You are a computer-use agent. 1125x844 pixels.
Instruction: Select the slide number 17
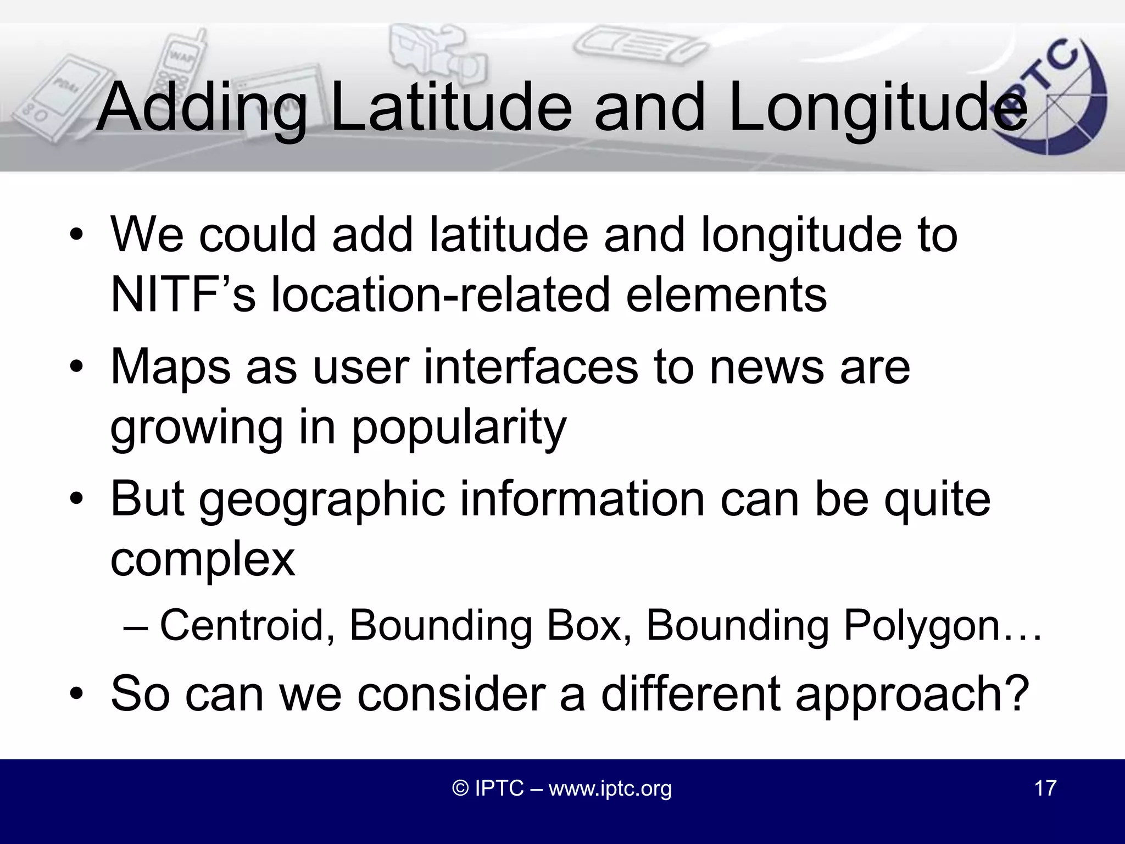point(1045,788)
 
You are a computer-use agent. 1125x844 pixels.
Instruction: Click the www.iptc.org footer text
point(610,788)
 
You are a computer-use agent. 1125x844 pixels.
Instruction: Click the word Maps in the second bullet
point(170,368)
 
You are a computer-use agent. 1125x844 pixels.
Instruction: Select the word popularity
point(459,429)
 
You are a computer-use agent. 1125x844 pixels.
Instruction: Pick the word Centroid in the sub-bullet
point(247,625)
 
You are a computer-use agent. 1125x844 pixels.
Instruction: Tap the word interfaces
point(531,368)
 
